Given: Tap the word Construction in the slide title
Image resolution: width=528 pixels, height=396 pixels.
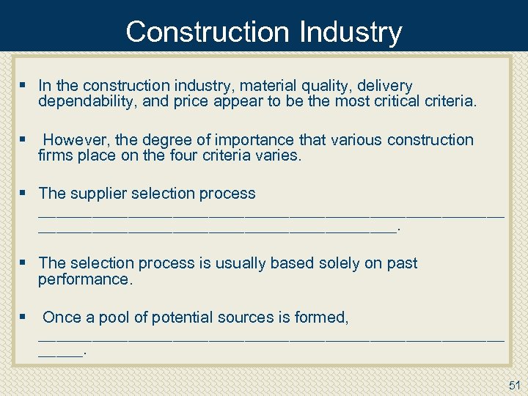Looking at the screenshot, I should coord(208,32).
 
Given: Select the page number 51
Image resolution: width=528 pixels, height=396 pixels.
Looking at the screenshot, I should coord(514,385).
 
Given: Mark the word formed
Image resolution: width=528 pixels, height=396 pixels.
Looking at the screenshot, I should coord(320,317).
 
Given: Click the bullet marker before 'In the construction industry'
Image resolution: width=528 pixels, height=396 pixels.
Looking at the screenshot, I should coord(24,86).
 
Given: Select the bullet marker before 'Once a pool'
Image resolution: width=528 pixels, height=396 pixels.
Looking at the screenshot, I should coord(24,317).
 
